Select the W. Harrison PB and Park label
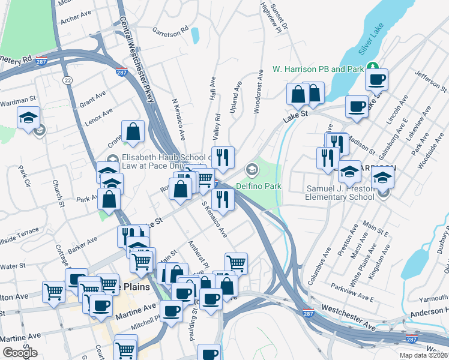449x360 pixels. pyautogui.click(x=318, y=69)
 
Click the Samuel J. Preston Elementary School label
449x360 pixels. pyautogui.click(x=340, y=192)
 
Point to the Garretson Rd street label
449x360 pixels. pyautogui.click(x=170, y=28)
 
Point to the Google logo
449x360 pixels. pyautogui.click(x=20, y=353)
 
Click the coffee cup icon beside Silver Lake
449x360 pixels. pyautogui.click(x=377, y=79)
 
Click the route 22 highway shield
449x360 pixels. pyautogui.click(x=67, y=80)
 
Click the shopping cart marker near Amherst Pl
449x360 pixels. pyautogui.click(x=236, y=262)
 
